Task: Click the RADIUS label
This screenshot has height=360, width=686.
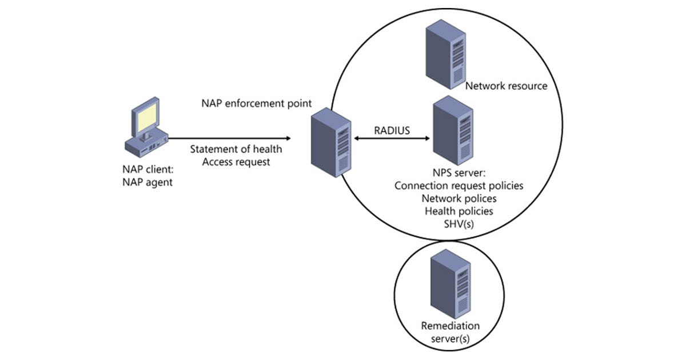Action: point(392,130)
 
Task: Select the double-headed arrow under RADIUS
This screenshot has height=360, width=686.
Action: point(392,139)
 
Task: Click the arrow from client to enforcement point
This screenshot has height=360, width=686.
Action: point(229,138)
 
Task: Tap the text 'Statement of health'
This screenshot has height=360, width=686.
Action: point(236,150)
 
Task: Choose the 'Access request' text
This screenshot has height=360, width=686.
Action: point(236,162)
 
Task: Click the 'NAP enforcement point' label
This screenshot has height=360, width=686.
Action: point(256,103)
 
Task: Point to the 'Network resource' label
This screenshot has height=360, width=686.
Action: point(506,86)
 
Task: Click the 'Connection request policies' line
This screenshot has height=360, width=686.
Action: point(459,186)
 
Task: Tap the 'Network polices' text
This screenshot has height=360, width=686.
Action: point(459,199)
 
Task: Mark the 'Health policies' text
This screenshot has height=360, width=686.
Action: point(459,211)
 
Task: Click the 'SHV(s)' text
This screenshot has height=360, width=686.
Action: point(459,225)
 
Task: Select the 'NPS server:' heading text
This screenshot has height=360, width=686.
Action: point(459,173)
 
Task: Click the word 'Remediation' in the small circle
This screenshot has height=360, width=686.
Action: point(450,326)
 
